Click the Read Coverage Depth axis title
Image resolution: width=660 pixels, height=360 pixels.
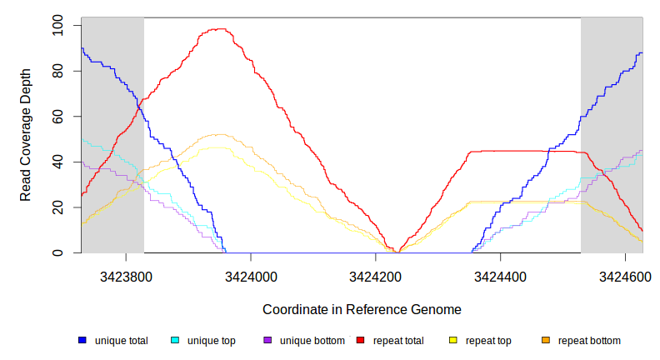(26, 136)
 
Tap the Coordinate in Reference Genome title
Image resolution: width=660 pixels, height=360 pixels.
(362, 309)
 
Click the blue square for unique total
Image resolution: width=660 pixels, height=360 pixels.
(82, 341)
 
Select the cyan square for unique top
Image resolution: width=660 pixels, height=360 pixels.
(175, 341)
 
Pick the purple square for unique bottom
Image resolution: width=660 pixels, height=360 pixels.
(267, 341)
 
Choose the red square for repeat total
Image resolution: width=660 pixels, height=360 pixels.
(360, 341)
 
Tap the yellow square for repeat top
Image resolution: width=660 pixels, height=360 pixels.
(453, 341)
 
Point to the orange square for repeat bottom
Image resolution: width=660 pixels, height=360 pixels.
(546, 341)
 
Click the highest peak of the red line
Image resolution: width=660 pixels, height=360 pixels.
(218, 29)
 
